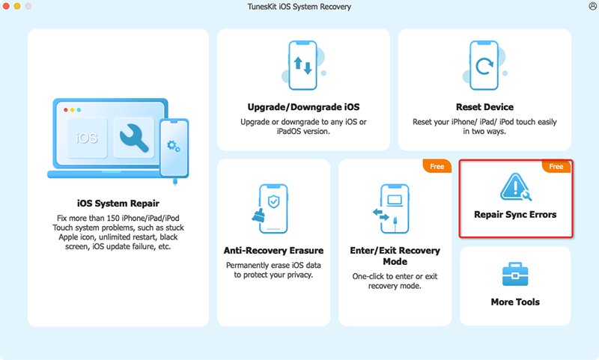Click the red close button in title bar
point(9,7)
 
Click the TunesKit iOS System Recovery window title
point(299,7)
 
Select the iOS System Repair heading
point(118,203)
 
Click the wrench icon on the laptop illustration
point(133,137)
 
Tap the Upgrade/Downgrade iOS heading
point(303,107)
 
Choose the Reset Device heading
point(484,107)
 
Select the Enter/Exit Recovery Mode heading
point(395,256)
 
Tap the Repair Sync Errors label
point(515,214)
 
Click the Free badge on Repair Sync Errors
point(556,166)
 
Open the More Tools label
point(515,302)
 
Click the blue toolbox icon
point(515,275)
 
